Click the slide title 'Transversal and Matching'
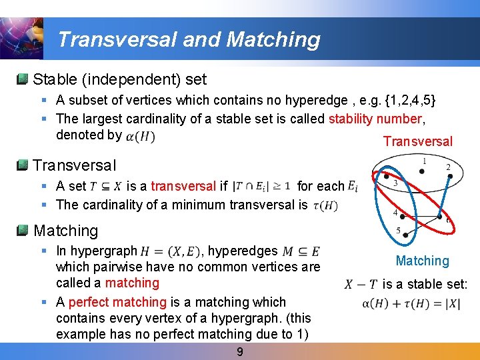(189, 39)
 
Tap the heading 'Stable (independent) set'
(120, 79)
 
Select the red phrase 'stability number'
(376, 119)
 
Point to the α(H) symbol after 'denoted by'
(141, 136)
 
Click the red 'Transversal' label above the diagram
(417, 141)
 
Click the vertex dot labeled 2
(451, 177)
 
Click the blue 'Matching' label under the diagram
(422, 261)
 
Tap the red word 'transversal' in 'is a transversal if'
(183, 186)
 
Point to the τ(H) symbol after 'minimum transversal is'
(325, 205)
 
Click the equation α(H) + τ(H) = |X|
(410, 304)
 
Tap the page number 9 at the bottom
(241, 351)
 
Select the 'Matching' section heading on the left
(65, 231)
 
